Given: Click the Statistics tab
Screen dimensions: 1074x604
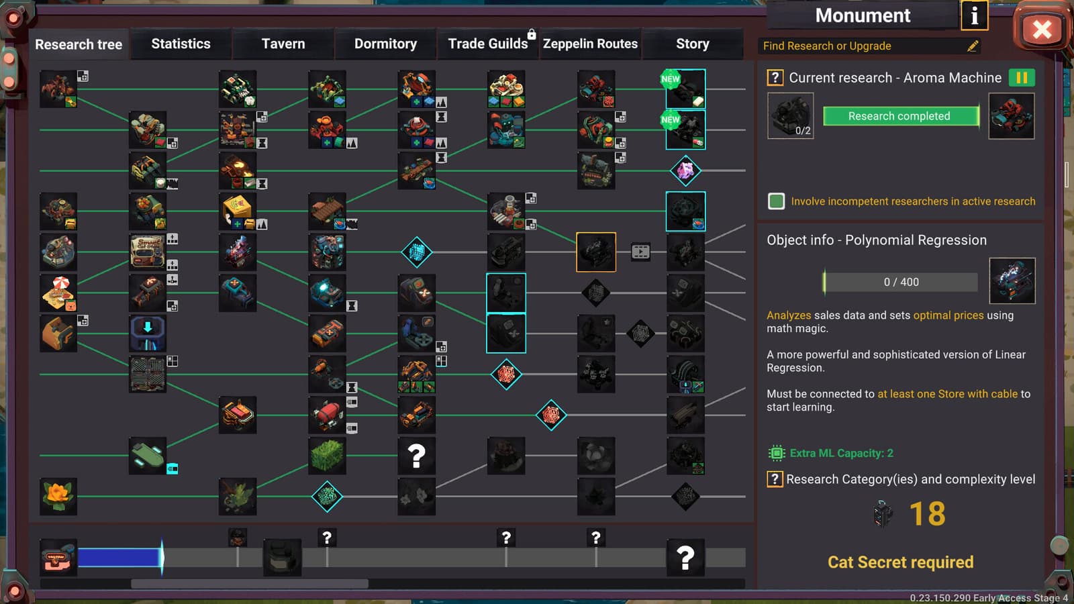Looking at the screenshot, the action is tap(181, 44).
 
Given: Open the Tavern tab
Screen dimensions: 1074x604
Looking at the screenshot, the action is tap(283, 44).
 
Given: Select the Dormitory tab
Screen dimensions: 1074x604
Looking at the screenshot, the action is tap(385, 44).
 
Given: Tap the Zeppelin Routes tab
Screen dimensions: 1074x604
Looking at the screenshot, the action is tap(590, 44).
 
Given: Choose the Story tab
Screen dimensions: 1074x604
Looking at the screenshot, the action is tap(692, 44).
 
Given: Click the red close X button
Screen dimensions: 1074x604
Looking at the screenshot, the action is tap(1041, 29).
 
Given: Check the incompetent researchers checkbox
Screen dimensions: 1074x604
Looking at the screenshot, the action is tap(776, 201).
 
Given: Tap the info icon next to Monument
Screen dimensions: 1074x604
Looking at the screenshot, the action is tap(974, 15).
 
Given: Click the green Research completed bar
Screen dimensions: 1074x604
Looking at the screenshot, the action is tap(900, 116).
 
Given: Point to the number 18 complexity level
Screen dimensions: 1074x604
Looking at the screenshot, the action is tap(927, 514).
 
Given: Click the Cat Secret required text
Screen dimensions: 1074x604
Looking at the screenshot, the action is tap(900, 562).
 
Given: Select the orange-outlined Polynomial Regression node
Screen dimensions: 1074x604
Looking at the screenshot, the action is tap(596, 252).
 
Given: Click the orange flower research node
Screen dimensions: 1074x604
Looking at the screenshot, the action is tap(58, 496).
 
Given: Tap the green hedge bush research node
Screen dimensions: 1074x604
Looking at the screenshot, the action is tap(327, 456).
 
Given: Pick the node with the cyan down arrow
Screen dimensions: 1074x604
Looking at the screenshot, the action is tap(148, 333).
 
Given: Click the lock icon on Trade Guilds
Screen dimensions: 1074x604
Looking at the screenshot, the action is tap(532, 34).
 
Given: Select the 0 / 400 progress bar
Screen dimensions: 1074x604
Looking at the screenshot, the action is tap(901, 282).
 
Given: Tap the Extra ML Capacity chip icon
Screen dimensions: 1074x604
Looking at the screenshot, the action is tap(777, 453).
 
